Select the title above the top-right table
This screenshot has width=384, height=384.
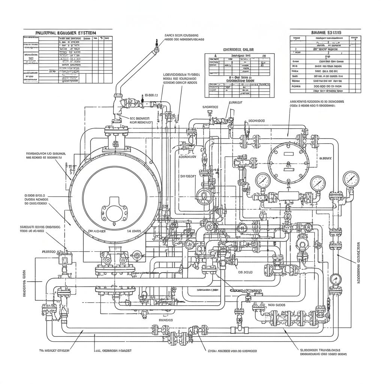coord(326,33)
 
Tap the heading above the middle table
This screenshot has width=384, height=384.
coord(238,49)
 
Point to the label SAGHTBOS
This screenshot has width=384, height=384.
coord(210,107)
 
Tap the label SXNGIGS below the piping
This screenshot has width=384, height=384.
coord(165,320)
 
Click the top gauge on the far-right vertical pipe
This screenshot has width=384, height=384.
coord(351,178)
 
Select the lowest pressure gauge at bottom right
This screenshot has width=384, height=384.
coord(336,279)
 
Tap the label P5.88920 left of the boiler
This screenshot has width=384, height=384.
coord(48,252)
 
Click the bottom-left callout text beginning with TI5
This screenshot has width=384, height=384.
coord(55,351)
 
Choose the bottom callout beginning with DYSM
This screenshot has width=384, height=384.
coord(232,351)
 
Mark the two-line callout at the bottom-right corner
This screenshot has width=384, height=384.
coord(323,351)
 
